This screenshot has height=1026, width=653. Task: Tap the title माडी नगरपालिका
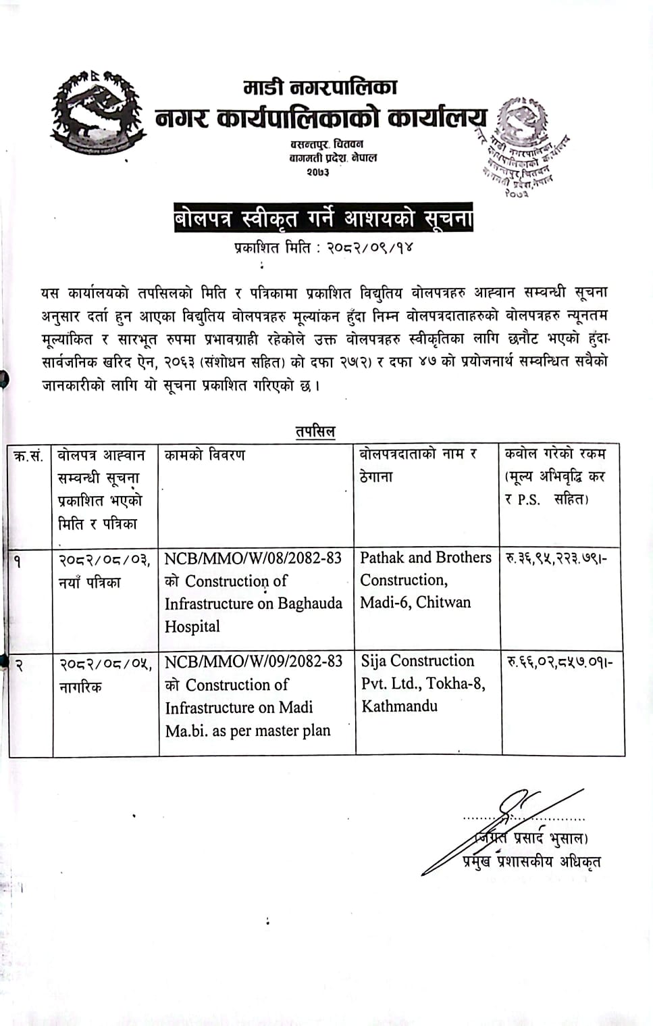320,88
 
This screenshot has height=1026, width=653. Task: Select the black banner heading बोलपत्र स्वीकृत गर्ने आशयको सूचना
323,218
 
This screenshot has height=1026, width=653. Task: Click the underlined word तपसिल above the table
315,431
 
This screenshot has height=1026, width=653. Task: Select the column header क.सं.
29,456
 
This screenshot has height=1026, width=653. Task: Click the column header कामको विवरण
205,455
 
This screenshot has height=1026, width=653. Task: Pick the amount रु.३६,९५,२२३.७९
556,558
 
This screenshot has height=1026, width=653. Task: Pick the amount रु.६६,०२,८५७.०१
559,662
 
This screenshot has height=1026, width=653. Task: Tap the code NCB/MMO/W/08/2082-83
253,558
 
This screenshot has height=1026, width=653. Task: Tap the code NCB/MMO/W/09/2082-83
254,661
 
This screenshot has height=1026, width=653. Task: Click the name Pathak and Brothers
425,558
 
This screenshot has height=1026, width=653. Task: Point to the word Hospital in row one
192,627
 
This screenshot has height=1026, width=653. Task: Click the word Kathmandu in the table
399,706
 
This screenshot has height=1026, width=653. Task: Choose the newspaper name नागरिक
80,687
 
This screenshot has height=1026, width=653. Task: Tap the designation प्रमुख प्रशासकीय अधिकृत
531,861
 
